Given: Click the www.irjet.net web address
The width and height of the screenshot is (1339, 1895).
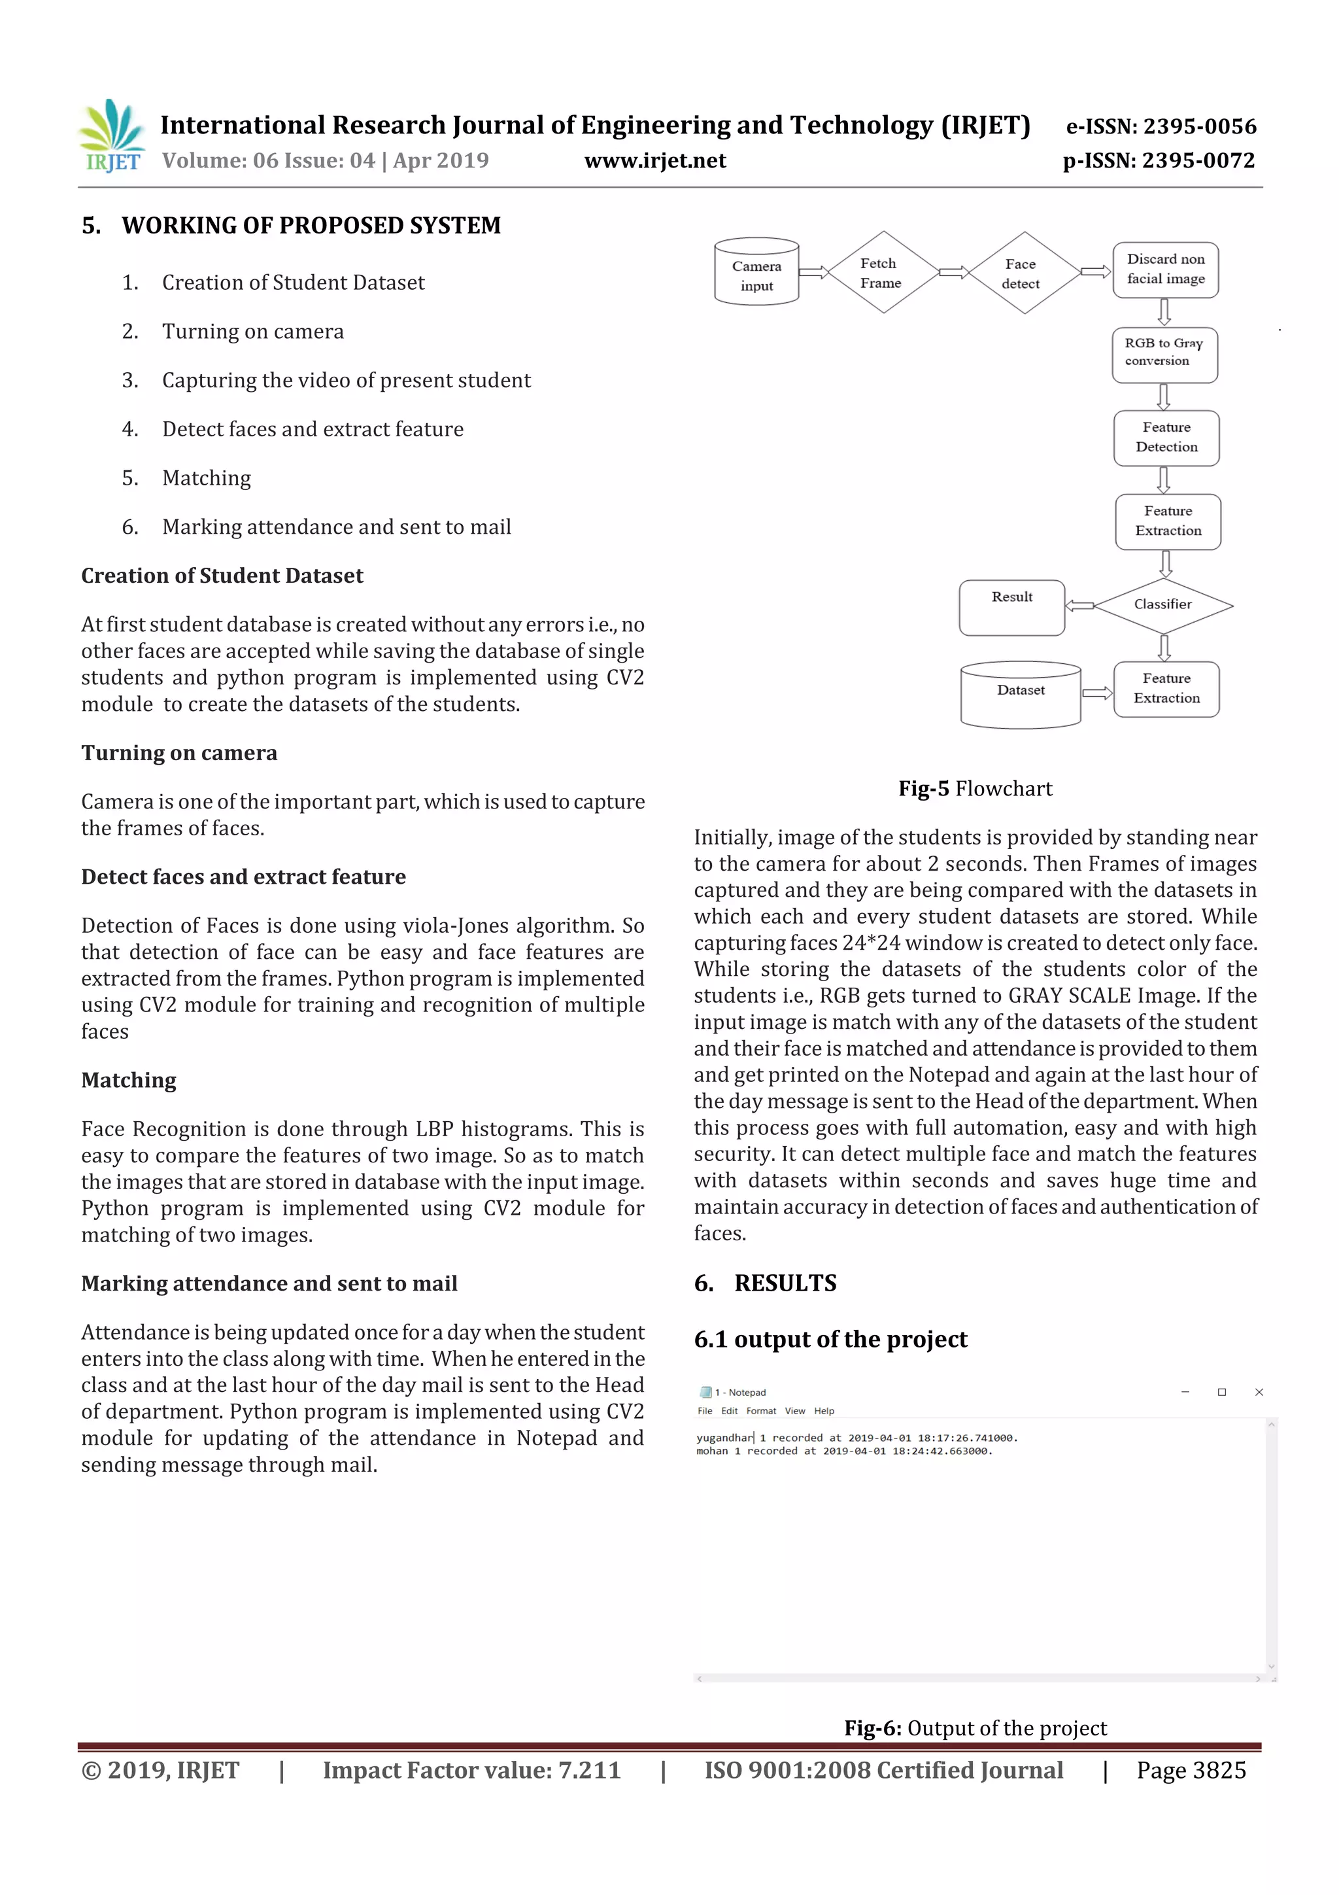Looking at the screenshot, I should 655,161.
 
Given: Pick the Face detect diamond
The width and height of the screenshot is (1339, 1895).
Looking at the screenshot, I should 1024,274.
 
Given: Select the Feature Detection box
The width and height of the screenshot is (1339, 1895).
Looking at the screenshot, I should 1166,438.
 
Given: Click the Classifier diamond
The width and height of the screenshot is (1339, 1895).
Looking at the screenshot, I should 1163,605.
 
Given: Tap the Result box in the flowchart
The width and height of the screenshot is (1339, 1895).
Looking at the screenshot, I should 1011,608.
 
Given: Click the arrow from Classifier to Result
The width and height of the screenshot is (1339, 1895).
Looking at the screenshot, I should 1079,606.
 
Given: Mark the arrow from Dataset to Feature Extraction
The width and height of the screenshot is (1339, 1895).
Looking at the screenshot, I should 1097,693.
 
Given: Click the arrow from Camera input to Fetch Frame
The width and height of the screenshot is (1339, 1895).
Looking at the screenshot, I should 813,272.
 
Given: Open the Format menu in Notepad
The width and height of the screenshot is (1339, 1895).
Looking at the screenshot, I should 760,1412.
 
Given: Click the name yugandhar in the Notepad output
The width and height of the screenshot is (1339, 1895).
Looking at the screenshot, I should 724,1438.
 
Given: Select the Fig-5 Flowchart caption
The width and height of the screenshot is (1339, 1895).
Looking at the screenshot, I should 975,789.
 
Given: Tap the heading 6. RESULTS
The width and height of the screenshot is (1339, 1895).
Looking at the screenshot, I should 765,1283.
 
